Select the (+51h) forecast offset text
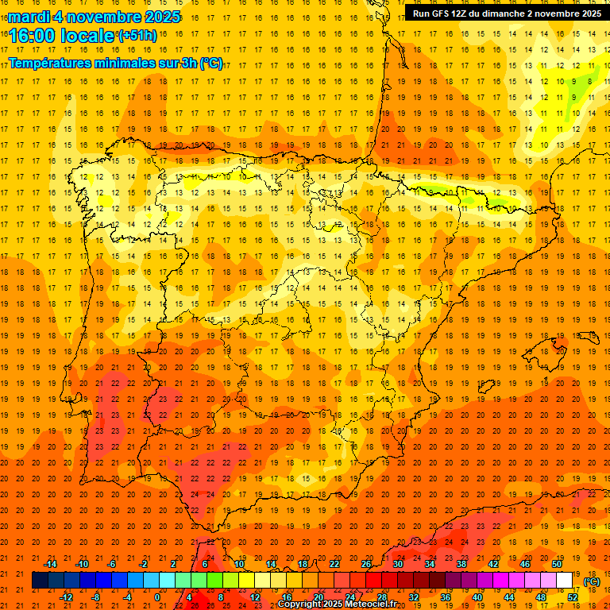[x=139, y=35]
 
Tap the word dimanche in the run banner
[x=500, y=14]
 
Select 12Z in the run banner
[x=463, y=14]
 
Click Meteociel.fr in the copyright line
[x=368, y=604]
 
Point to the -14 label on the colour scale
[x=51, y=564]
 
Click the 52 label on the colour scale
[x=573, y=596]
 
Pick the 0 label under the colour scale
[x=157, y=596]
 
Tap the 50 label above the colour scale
[x=557, y=564]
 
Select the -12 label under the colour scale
[x=67, y=596]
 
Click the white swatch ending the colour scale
[x=565, y=581]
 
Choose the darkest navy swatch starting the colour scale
[x=40, y=581]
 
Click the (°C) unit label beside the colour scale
[x=592, y=581]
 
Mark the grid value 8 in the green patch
[x=590, y=81]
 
